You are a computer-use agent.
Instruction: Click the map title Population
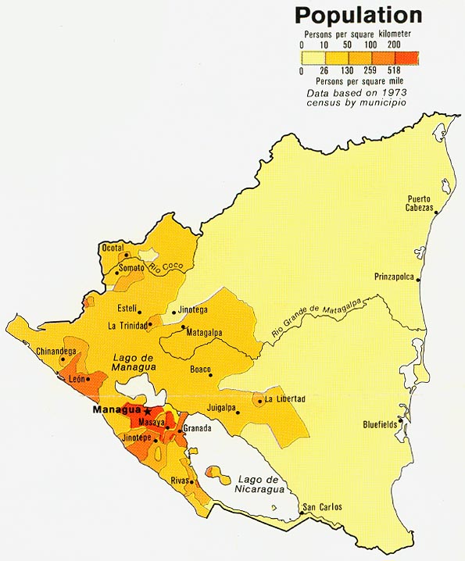pos(358,15)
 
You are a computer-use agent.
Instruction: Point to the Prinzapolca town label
pos(395,276)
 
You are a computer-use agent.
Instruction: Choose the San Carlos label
pos(322,507)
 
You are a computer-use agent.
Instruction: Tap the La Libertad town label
pos(284,399)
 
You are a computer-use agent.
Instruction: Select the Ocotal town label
pos(113,248)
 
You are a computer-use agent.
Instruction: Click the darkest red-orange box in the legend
pos(406,57)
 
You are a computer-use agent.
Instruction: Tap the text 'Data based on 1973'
pos(356,92)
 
